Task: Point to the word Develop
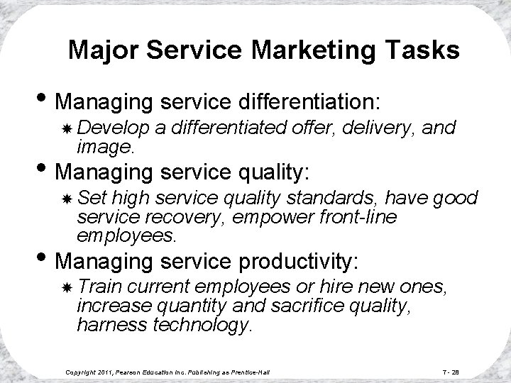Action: coord(106,127)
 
